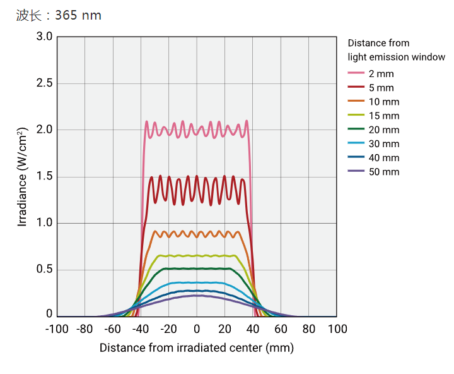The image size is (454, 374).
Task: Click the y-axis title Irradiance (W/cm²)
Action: coord(23,176)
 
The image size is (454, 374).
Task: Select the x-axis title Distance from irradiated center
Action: coord(196,348)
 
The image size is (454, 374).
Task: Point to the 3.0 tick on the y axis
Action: coord(44,37)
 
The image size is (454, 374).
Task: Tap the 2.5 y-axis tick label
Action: coord(44,83)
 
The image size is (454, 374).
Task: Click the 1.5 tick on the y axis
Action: coord(44,176)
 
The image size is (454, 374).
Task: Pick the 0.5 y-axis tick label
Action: coord(44,270)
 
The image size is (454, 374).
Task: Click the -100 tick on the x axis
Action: coord(57,329)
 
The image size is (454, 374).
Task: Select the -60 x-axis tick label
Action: coord(112,329)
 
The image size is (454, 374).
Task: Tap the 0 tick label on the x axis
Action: coord(197,329)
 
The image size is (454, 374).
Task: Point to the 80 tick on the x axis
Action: coord(308,329)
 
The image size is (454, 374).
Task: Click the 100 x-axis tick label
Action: coord(337,329)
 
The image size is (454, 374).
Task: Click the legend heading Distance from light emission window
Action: coord(396,50)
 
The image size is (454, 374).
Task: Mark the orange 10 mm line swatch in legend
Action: coord(356,102)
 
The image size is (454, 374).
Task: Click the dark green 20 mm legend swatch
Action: coord(356,130)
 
